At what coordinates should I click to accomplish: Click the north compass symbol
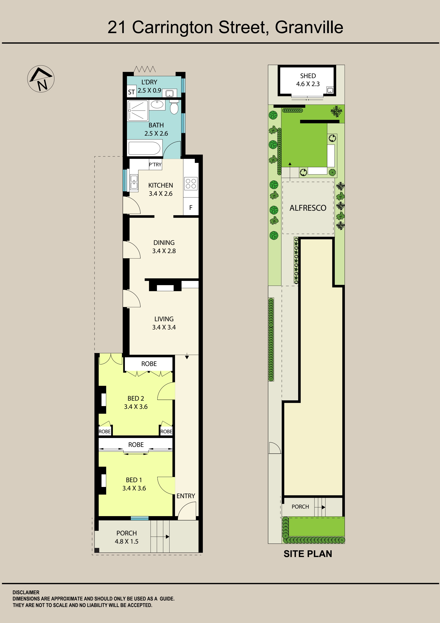click(x=41, y=79)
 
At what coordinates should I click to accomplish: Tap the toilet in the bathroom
click(x=174, y=107)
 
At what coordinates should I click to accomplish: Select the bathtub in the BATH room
click(x=145, y=148)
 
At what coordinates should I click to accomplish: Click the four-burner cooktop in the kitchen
click(x=191, y=183)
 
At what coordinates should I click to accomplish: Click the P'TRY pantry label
click(x=155, y=164)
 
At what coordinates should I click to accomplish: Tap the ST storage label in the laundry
click(x=131, y=92)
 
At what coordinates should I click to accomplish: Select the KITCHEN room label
click(x=161, y=185)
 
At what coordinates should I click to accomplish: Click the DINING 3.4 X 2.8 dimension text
click(x=164, y=251)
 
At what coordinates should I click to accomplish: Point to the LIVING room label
click(x=164, y=319)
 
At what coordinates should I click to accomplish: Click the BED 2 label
click(x=136, y=398)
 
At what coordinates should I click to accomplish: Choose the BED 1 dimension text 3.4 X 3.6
click(x=134, y=488)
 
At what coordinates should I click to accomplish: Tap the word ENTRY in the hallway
click(x=186, y=496)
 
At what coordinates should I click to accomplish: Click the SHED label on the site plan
click(x=308, y=76)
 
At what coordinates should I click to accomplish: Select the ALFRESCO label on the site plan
click(x=308, y=208)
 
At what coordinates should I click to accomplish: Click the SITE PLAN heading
click(x=308, y=554)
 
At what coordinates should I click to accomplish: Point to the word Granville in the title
click(x=309, y=27)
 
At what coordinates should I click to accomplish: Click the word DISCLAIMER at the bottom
click(x=26, y=592)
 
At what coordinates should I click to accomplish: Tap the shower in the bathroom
click(x=138, y=111)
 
